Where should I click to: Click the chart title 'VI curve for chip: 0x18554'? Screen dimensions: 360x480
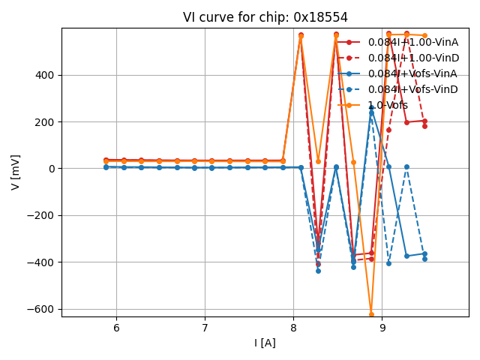coord(265,17)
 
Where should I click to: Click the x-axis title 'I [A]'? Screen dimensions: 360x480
coord(265,343)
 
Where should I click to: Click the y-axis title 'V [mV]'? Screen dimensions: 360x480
coord(16,172)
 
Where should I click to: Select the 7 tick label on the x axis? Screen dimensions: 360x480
coord(205,328)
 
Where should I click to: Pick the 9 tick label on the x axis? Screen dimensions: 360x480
coord(382,328)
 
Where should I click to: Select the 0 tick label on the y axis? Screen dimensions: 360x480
coord(52,169)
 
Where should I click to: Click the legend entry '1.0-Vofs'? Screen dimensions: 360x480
coord(388,105)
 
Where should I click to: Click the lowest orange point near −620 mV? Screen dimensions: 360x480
coord(371,313)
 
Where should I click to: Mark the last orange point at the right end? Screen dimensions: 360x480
coord(424,35)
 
